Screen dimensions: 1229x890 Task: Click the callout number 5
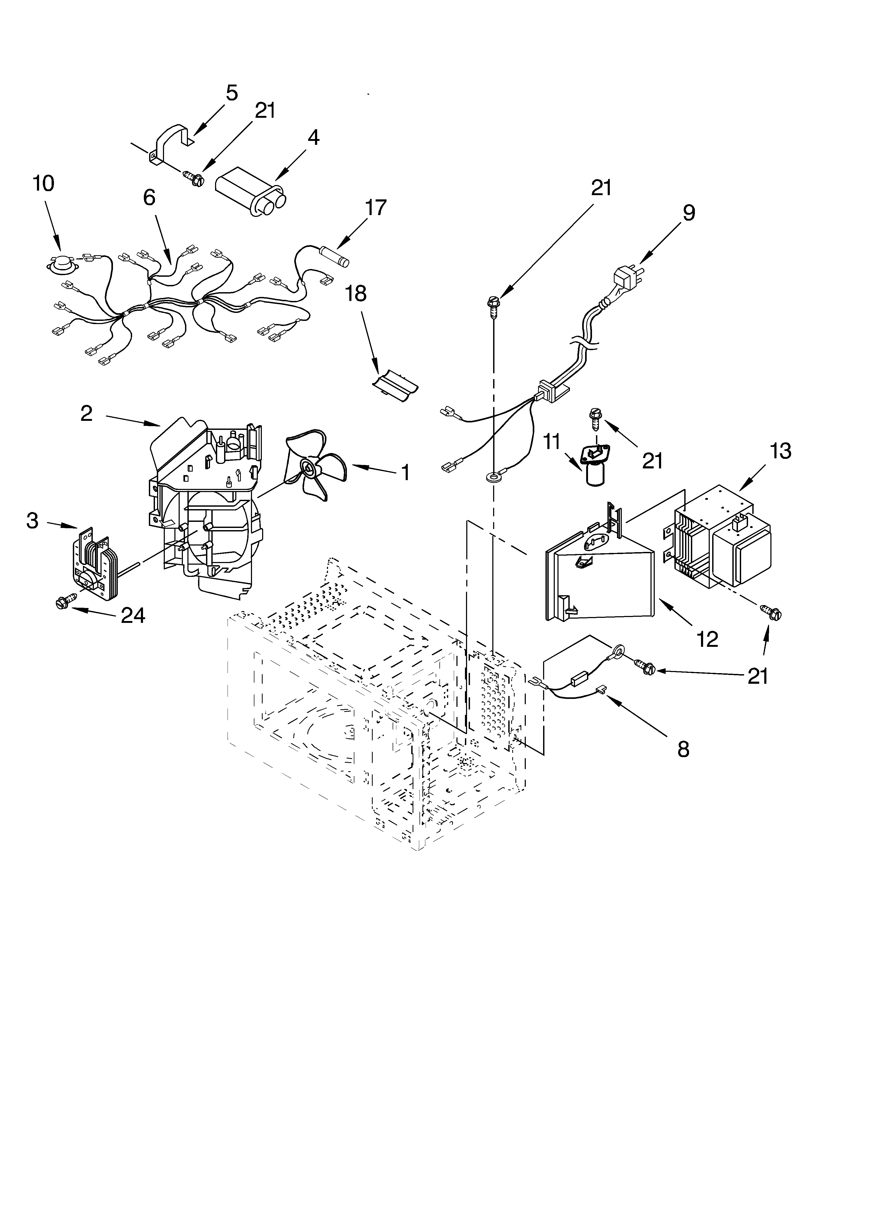(x=232, y=93)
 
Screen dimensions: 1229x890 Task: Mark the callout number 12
(x=707, y=639)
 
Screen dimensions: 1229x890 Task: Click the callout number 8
(x=683, y=749)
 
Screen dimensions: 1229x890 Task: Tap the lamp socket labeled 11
(x=595, y=467)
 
